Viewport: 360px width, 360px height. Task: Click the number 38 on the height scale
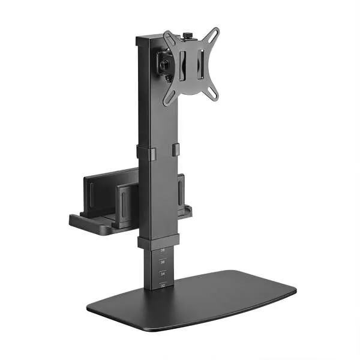tap(162, 250)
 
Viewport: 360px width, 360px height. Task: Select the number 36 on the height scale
tap(162, 262)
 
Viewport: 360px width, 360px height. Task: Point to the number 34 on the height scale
tap(162, 274)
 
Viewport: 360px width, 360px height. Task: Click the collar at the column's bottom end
tap(158, 241)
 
